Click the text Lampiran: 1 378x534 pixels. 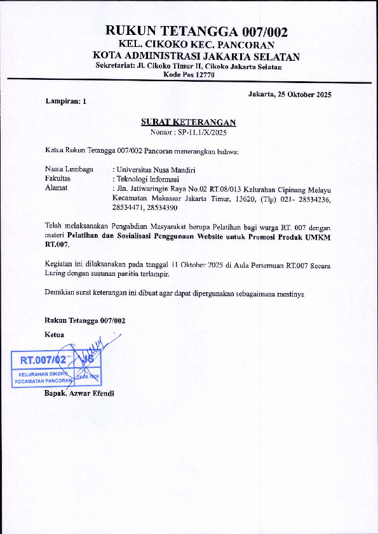point(65,101)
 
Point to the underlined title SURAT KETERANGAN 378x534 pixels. point(189,122)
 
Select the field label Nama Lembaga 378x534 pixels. point(69,169)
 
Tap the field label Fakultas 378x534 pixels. point(58,179)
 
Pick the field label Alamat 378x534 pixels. point(56,188)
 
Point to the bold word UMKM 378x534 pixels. point(322,236)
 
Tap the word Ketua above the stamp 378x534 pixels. point(55,334)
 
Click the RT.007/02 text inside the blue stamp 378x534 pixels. point(43,360)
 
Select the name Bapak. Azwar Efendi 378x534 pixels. point(79,394)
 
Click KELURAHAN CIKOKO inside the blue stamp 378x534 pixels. point(43,374)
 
